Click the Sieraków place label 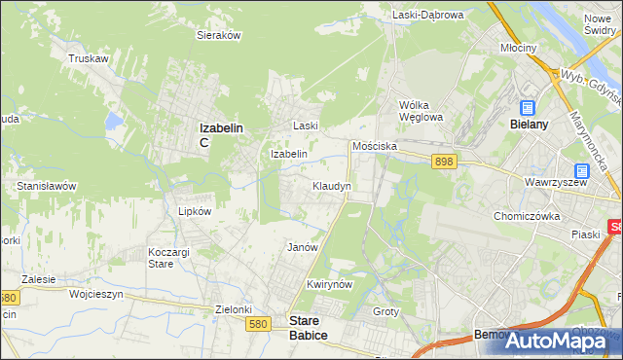point(219,34)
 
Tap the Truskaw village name point(88,58)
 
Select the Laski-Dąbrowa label point(429,15)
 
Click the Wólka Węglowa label point(421,111)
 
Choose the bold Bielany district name point(531,125)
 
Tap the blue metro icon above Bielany point(528,109)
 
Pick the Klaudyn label point(332,185)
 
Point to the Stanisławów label point(47,185)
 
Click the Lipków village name point(181,209)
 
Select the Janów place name point(303,247)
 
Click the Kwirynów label point(328,284)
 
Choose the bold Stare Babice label point(309,327)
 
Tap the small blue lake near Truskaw point(114,122)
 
